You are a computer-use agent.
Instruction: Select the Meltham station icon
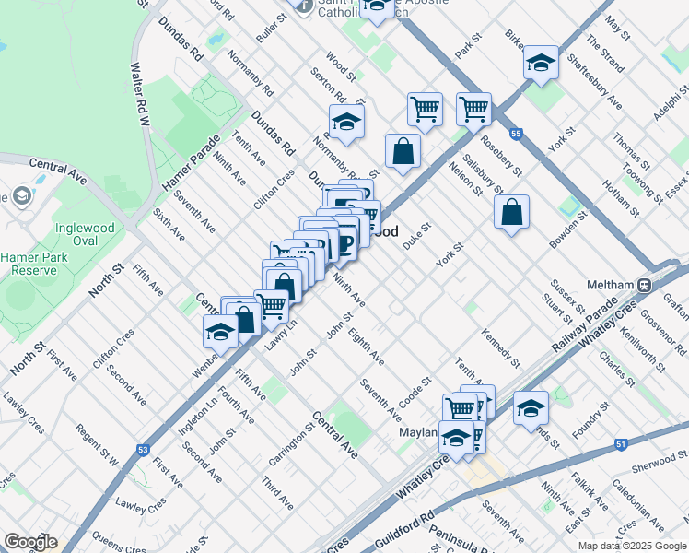pos(646,285)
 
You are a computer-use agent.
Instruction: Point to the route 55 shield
pos(517,135)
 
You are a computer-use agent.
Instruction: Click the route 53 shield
pos(143,450)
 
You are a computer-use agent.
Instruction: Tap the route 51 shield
pos(622,444)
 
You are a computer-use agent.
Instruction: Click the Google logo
pos(29,542)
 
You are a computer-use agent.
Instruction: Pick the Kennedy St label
pos(501,347)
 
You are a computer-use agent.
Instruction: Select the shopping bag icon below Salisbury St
pos(511,211)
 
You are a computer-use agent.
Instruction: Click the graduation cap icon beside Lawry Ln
pos(220,332)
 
